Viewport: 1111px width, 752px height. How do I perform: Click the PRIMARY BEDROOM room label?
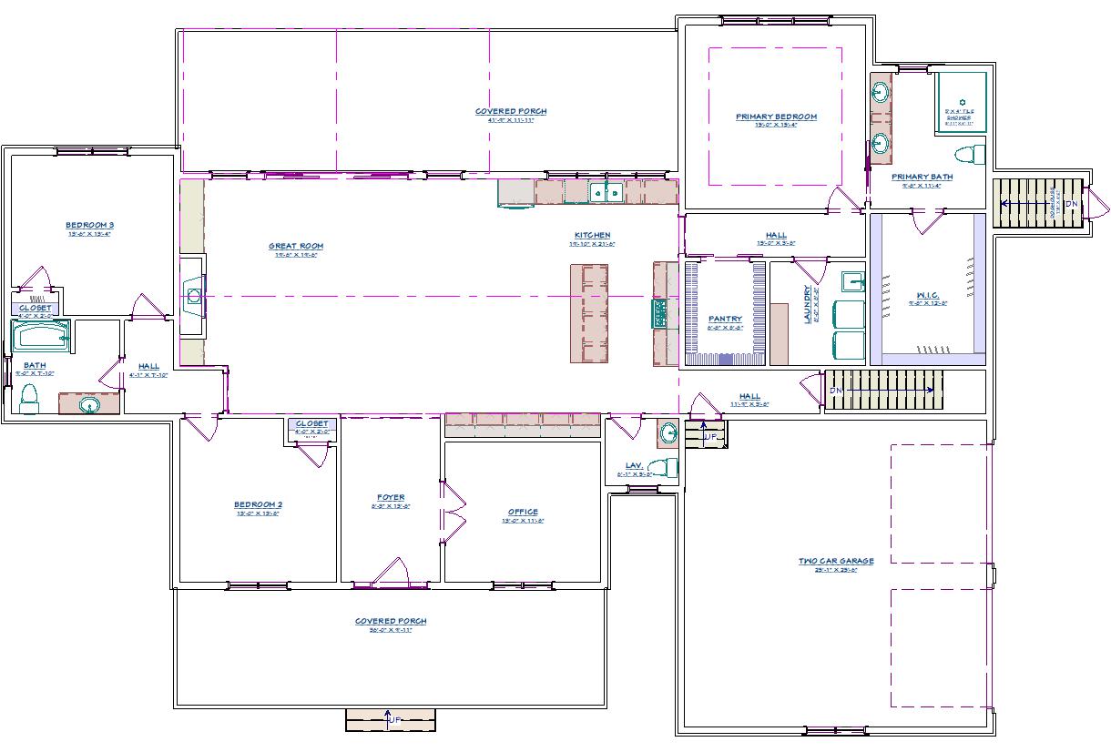coord(776,117)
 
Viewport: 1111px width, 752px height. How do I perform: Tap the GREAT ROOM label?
coord(296,246)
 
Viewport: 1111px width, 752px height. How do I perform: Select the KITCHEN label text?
coord(592,236)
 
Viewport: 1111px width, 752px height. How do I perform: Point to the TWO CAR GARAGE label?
coord(836,561)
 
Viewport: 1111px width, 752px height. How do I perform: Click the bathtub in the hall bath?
coord(40,337)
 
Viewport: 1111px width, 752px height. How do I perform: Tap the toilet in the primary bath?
coord(970,152)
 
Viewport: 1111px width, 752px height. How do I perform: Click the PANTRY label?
coord(725,319)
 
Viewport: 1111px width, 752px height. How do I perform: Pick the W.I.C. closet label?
coord(928,295)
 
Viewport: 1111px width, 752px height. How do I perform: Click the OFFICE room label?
coord(523,512)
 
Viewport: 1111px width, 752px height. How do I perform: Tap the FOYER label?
coord(391,498)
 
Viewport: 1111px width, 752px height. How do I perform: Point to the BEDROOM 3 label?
coord(89,225)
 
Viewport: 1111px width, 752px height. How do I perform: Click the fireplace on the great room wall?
coord(193,295)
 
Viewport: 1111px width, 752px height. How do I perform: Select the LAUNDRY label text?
coord(806,305)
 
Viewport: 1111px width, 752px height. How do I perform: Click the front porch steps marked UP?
coord(391,719)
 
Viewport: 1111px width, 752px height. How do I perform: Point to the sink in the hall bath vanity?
coord(89,404)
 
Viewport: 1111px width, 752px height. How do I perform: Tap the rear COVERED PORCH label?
coord(511,112)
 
